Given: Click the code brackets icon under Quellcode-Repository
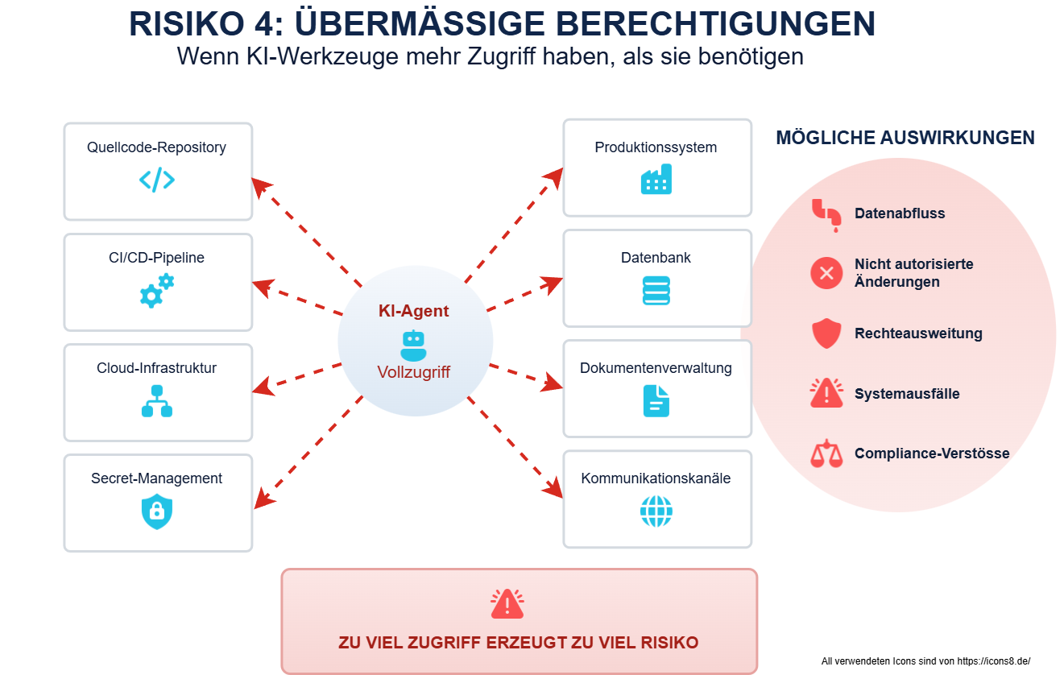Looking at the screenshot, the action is pos(157,180).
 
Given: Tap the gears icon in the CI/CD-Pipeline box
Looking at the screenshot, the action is pos(157,290).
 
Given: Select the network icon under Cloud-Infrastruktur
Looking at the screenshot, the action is pos(157,401).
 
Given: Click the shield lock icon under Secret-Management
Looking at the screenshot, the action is pos(157,511).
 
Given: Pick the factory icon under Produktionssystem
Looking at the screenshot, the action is pos(656,179).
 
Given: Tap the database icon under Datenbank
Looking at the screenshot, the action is pos(656,290).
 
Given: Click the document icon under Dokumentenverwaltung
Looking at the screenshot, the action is pos(656,401).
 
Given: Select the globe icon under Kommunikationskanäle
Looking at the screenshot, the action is pos(656,511).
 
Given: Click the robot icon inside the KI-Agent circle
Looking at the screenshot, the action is pos(413,346).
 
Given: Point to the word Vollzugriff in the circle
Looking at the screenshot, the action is pos(413,372).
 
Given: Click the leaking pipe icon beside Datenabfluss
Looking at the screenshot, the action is pos(826,215).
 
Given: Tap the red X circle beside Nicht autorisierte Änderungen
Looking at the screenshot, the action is pos(826,273).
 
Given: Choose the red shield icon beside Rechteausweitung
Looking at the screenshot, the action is pos(826,333).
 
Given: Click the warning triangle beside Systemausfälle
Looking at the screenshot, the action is pos(826,393).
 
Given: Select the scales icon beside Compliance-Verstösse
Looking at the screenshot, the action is pos(826,453).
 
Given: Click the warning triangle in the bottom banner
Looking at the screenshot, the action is pos(507,604).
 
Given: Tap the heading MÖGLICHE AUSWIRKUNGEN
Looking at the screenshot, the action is pos(905,138).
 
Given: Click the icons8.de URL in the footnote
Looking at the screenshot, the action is pos(994,661).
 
